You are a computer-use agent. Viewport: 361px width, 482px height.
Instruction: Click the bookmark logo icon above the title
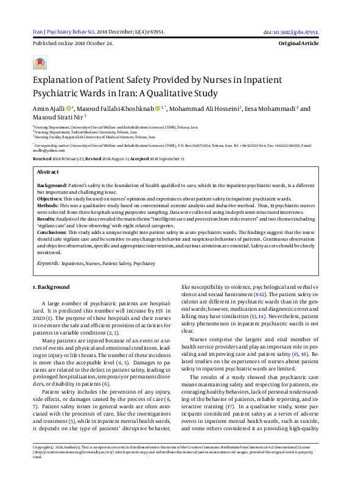click(40, 62)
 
